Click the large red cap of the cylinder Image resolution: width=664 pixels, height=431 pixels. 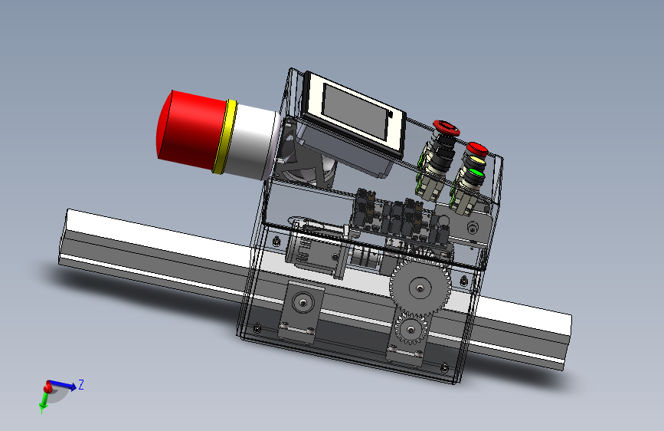[191, 130]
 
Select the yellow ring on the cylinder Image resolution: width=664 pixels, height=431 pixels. [225, 137]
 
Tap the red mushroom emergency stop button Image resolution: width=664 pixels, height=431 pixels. [446, 127]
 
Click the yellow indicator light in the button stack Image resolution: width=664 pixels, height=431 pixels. [476, 162]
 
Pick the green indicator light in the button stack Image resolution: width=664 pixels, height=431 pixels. [476, 173]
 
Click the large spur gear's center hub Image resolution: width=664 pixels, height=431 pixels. [419, 288]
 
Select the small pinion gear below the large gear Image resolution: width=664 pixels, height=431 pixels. [411, 329]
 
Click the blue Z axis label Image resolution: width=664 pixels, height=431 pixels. [81, 385]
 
